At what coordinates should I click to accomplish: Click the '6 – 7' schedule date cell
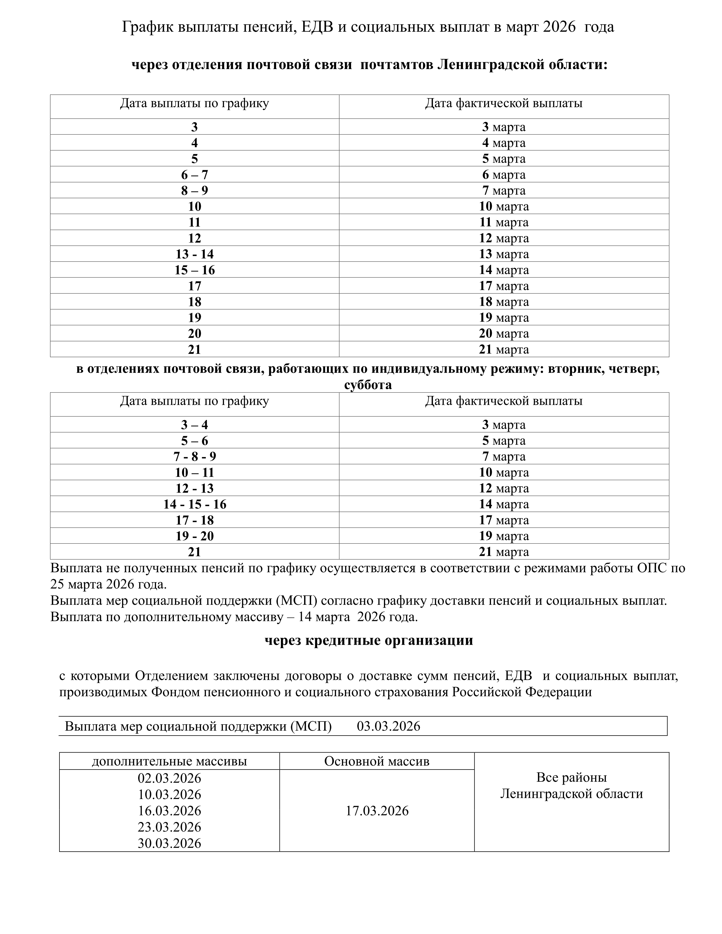pos(194,175)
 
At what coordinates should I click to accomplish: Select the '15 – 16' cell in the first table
pos(194,270)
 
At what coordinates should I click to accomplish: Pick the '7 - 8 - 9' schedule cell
pos(194,457)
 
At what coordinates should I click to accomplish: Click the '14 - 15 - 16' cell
pos(194,505)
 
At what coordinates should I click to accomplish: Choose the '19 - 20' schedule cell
pos(194,536)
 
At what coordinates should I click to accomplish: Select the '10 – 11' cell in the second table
pos(194,473)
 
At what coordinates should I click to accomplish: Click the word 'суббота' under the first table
pos(368,385)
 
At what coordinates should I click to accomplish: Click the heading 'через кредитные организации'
pos(368,640)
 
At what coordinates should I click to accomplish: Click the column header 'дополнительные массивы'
pos(169,761)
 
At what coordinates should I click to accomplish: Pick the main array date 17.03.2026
pos(377,811)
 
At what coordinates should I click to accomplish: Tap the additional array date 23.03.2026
pos(169,827)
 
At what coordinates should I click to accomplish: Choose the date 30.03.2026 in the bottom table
pos(169,843)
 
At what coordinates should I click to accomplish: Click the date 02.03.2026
pos(169,778)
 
